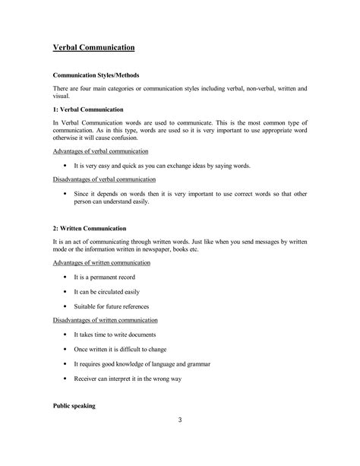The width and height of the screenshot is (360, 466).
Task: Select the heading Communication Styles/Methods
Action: [x=95, y=75]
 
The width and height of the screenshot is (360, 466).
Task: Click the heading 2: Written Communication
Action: [x=90, y=228]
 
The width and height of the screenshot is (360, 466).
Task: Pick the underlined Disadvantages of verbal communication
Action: [x=105, y=179]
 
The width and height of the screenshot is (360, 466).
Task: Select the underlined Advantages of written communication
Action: [x=101, y=262]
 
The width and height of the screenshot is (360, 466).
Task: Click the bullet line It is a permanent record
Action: [x=109, y=277]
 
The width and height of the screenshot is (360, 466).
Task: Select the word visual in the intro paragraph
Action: [x=61, y=97]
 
